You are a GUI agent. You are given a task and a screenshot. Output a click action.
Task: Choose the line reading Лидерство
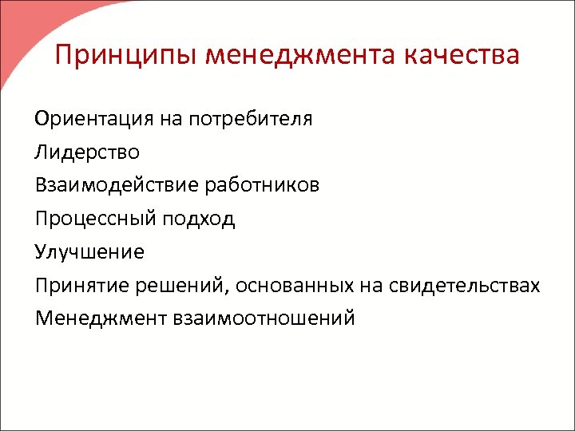click(x=86, y=152)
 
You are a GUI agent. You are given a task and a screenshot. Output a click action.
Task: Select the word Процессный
click(x=96, y=219)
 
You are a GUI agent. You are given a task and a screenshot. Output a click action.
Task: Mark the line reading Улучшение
click(x=89, y=252)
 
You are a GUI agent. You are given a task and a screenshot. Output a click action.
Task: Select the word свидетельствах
click(x=465, y=285)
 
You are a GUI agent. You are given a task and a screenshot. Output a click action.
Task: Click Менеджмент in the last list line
click(x=99, y=318)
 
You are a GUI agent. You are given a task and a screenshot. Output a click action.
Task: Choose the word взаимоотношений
click(x=261, y=318)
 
